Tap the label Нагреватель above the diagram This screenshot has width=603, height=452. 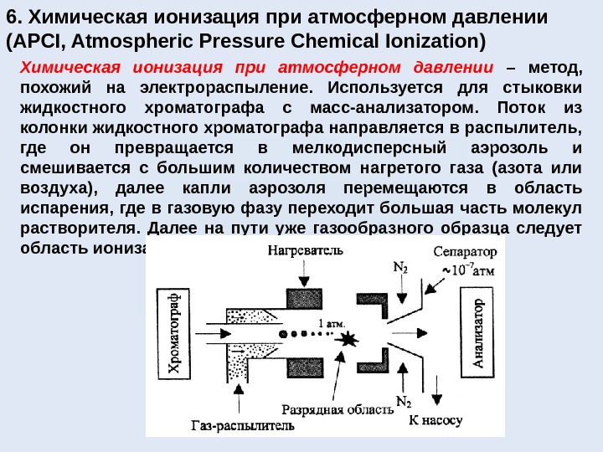tap(306, 250)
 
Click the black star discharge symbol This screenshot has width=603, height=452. tap(347, 339)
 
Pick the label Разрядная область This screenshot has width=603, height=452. tap(337, 409)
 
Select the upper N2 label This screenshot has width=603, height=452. tap(401, 269)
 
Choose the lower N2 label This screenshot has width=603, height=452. tap(403, 401)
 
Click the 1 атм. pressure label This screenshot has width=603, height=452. tap(331, 322)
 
